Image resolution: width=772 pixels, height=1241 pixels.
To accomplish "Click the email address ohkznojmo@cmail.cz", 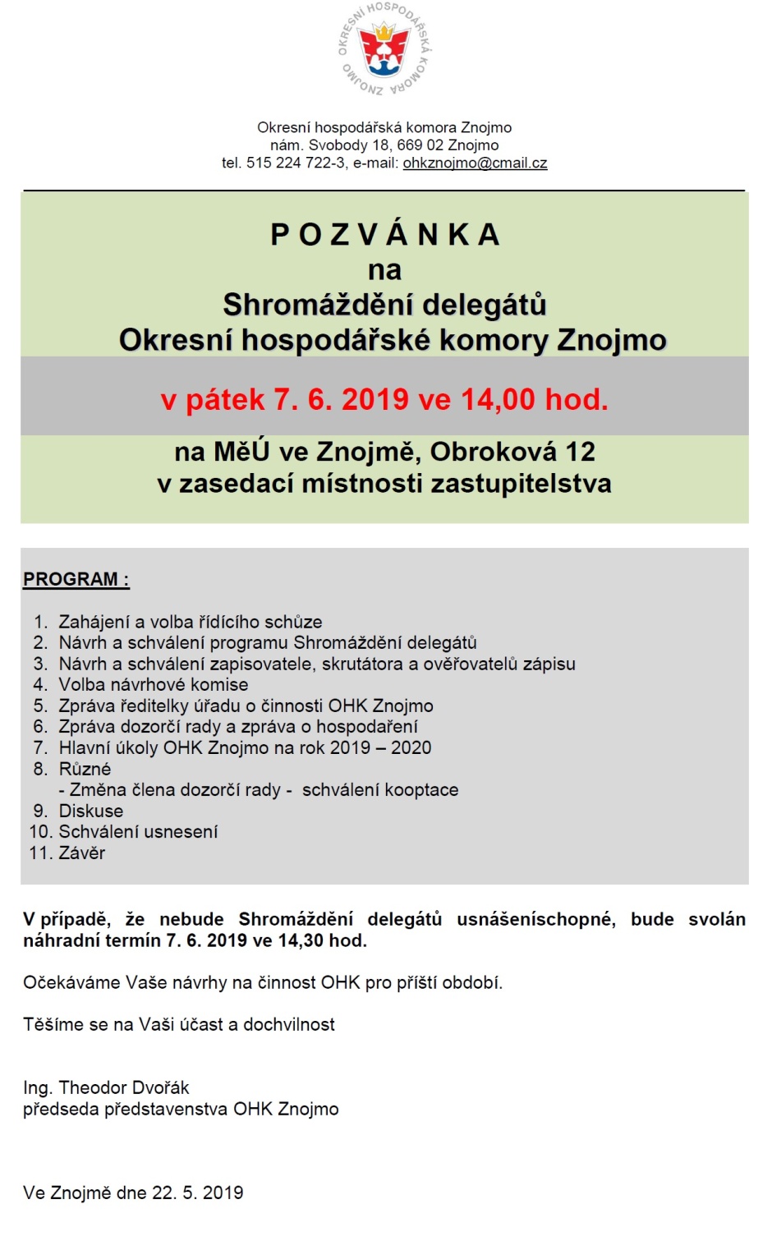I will (475, 163).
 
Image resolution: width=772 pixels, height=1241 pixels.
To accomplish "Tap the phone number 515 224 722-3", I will (296, 163).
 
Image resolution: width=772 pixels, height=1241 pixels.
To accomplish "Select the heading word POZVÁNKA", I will (384, 235).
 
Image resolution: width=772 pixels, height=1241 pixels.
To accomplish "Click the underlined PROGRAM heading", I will (76, 579).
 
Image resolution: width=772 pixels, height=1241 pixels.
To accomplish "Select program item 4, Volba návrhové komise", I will (153, 684).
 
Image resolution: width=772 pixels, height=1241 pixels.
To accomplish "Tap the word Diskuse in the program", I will (90, 811).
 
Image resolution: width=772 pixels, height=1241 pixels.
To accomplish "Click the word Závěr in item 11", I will (81, 853).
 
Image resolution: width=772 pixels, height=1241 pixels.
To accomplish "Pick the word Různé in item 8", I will (85, 769).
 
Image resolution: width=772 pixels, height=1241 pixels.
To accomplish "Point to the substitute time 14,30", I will (301, 940).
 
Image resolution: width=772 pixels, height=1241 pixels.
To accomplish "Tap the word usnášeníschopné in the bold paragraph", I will (535, 919).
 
